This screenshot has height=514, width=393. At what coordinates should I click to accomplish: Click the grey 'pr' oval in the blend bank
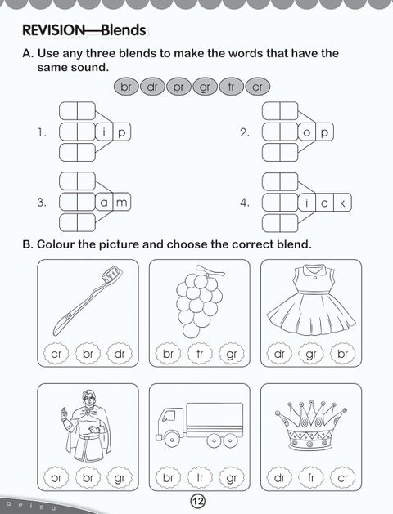point(178,87)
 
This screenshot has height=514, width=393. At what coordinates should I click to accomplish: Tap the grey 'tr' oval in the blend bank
point(231,87)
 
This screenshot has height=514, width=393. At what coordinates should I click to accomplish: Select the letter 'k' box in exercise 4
point(342,203)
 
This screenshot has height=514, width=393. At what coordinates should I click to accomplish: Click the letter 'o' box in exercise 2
point(307,132)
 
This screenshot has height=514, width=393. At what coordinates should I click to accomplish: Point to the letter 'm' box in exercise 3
point(122,203)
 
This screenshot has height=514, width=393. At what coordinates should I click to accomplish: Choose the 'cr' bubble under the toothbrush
point(56,354)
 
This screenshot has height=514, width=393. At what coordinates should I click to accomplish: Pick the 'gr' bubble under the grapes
point(232,354)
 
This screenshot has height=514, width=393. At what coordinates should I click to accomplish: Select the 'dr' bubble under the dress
point(279,354)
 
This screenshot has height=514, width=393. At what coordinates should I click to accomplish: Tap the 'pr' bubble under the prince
point(56,478)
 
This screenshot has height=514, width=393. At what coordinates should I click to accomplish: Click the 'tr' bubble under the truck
point(200,478)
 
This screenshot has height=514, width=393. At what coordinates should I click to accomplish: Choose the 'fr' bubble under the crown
point(311,478)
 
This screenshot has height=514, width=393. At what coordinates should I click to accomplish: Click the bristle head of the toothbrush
point(111,274)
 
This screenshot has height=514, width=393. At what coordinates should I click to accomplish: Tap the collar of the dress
point(314,270)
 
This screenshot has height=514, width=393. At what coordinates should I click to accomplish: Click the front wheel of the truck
point(171,440)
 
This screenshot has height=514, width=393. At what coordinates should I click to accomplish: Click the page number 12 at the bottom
point(197,501)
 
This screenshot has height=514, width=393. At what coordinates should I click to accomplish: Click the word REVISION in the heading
point(53,30)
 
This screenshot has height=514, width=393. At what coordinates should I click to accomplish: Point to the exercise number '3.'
point(42,203)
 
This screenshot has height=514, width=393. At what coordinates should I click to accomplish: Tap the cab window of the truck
point(169,417)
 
